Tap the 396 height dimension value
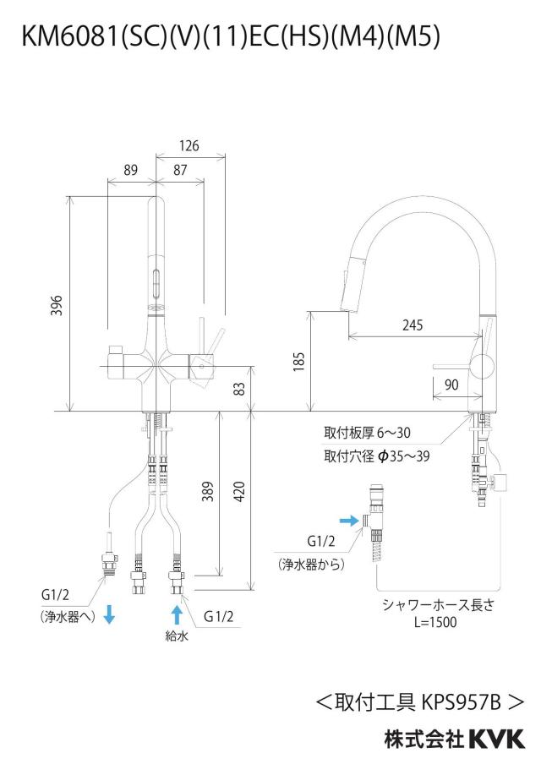point(57,305)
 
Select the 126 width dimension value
point(189,145)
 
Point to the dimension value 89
point(131,170)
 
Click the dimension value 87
point(180,170)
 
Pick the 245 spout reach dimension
point(413,325)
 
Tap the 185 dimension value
point(298,362)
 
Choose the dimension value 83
point(239,388)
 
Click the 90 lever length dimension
point(451,385)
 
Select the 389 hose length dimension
point(208,491)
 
